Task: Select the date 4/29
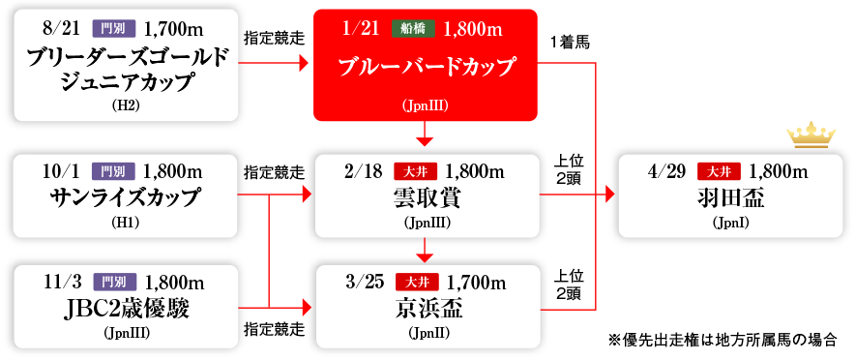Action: tap(666, 172)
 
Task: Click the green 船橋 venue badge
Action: tap(411, 29)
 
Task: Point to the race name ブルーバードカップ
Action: tap(426, 69)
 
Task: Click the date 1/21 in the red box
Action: tap(361, 29)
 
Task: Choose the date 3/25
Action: tap(365, 283)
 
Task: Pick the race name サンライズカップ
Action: tap(126, 198)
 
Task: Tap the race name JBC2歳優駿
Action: tap(126, 309)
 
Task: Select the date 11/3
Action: tap(62, 283)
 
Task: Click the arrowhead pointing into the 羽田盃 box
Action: tap(610, 195)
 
